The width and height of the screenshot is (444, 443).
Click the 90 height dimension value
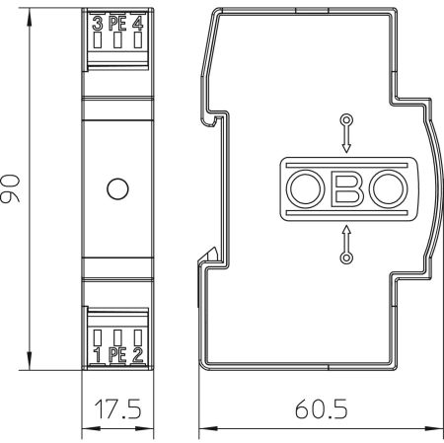[x=10, y=188]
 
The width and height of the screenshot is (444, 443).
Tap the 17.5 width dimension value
[x=117, y=409]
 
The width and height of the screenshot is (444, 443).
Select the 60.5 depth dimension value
[x=321, y=409]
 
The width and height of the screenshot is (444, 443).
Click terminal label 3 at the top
[x=98, y=24]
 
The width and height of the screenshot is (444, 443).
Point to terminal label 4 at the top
[x=138, y=24]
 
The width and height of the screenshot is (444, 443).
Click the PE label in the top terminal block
[x=117, y=24]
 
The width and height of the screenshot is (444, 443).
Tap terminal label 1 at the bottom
[x=97, y=355]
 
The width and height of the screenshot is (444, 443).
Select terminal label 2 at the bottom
[x=138, y=355]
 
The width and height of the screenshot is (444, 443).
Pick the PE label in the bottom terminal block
[x=117, y=355]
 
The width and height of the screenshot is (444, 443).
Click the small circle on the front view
[x=117, y=188]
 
